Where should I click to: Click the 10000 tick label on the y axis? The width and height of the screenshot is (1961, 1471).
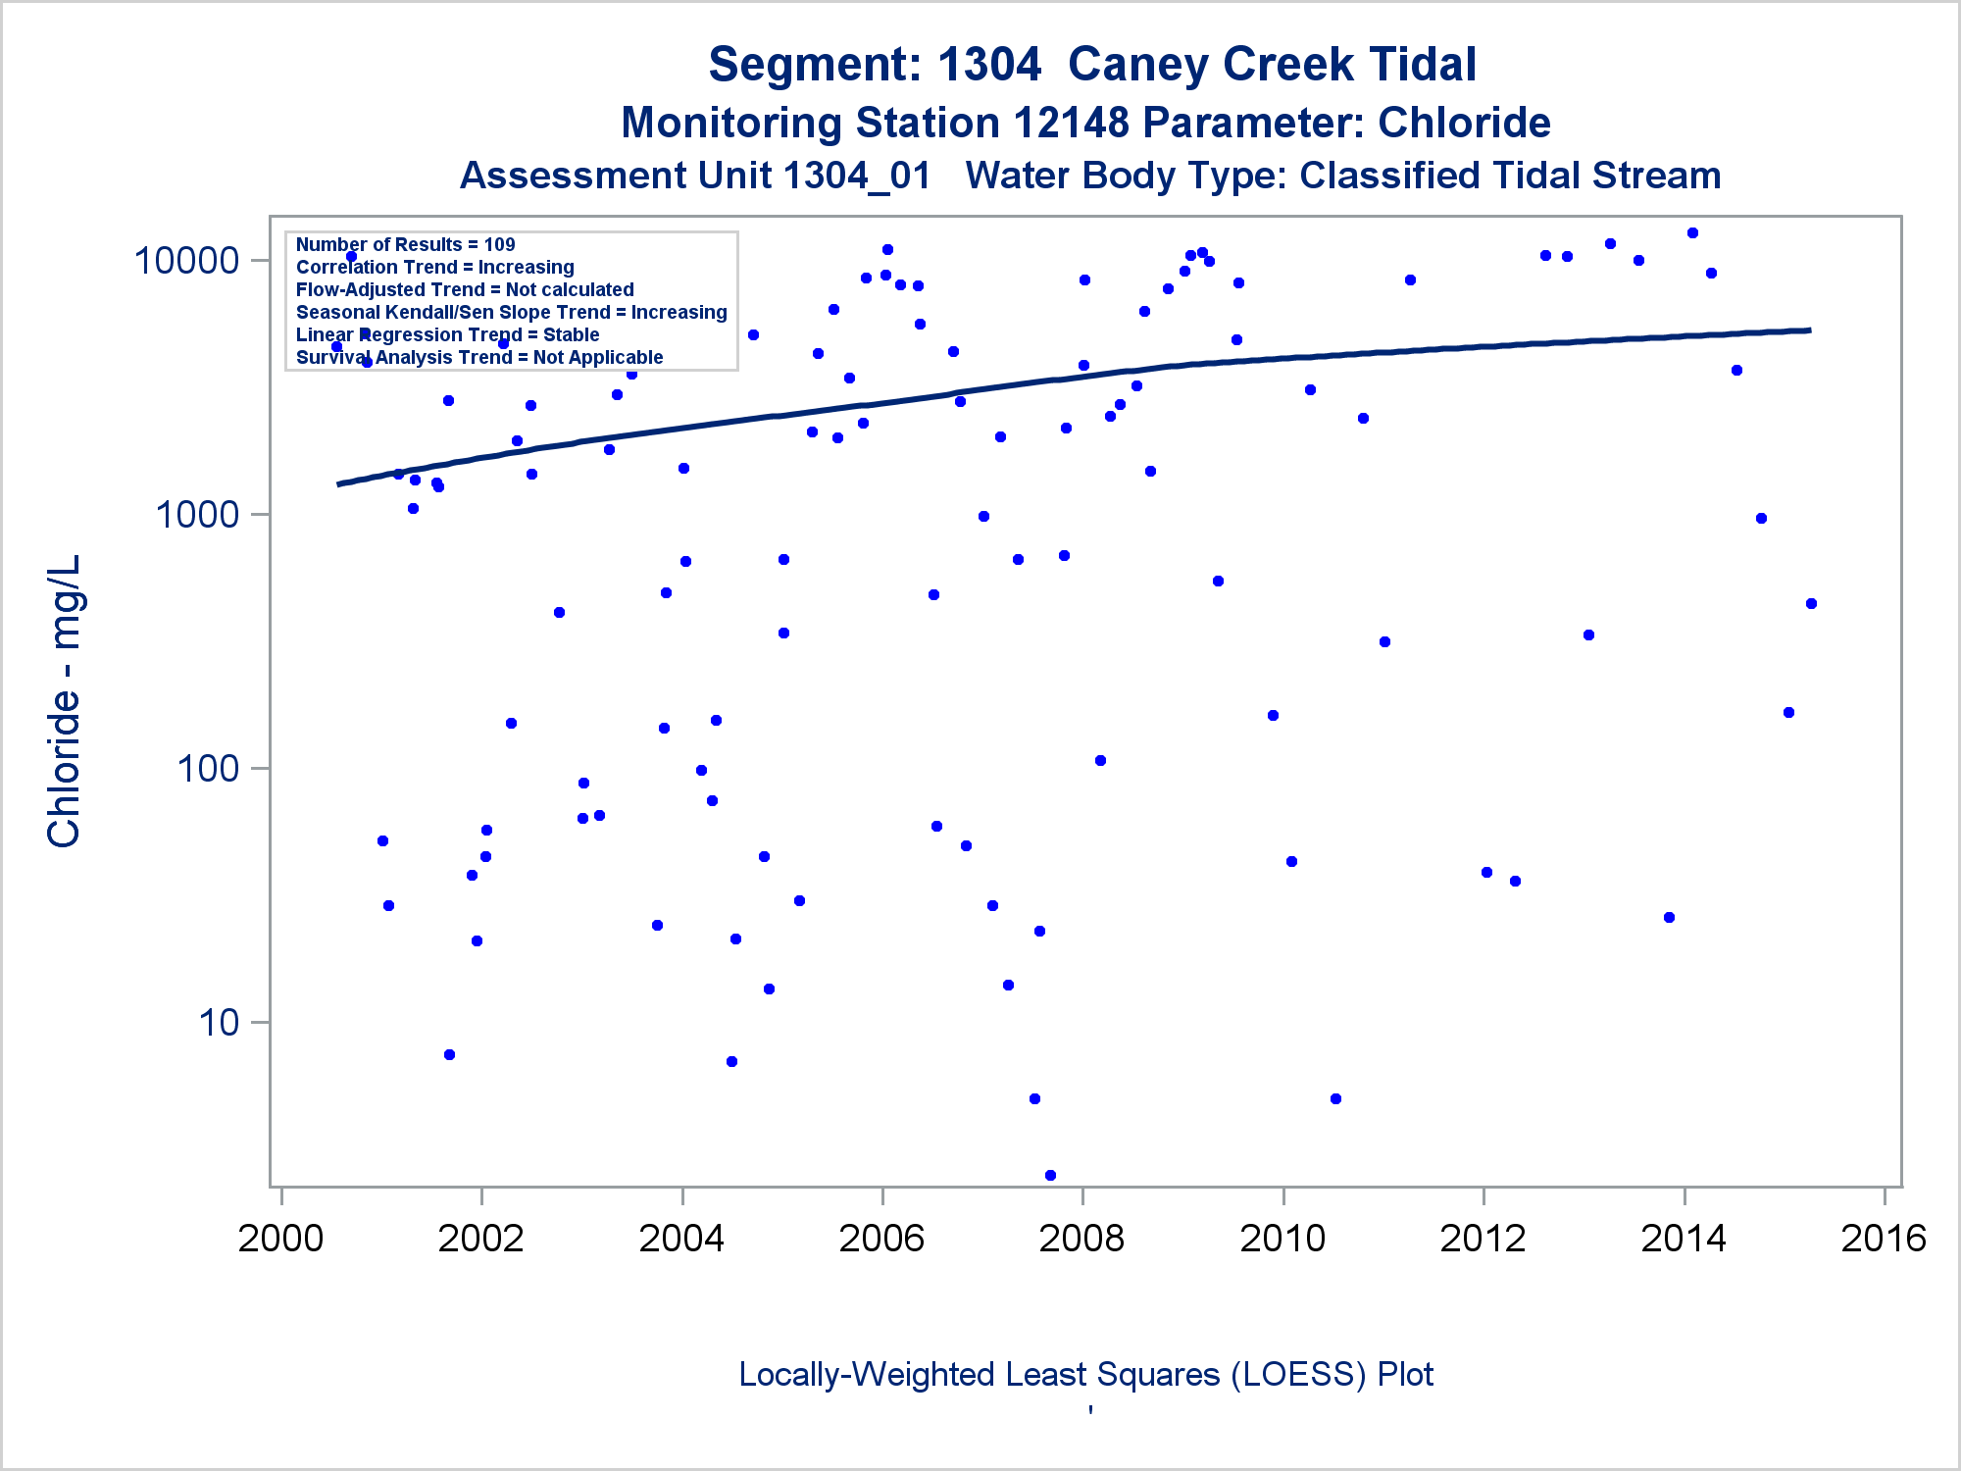(x=186, y=261)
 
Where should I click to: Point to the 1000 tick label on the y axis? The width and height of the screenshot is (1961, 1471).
(x=197, y=515)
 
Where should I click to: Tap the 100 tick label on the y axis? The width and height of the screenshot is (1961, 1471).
(x=208, y=768)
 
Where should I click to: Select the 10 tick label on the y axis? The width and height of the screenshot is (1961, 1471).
(x=219, y=1023)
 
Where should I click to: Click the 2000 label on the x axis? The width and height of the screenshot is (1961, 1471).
(x=280, y=1239)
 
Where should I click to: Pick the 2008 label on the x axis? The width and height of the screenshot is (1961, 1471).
(x=1081, y=1239)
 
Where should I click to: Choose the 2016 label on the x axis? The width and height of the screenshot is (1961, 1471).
(x=1884, y=1239)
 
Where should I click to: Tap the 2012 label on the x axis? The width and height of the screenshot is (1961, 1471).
(x=1483, y=1239)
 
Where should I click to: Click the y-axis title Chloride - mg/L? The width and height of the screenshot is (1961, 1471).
(x=64, y=701)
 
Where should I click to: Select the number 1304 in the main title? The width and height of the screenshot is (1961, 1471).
(x=988, y=65)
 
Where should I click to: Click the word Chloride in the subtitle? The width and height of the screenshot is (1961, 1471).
(x=1464, y=124)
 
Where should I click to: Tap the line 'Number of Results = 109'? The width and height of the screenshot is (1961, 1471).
(x=405, y=244)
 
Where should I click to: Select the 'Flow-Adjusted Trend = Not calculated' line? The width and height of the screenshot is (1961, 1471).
(x=465, y=289)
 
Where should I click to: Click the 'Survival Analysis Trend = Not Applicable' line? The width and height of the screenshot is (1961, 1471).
(x=479, y=357)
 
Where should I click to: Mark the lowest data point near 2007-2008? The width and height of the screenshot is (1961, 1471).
(x=1050, y=1175)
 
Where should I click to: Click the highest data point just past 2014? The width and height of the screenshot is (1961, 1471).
(x=1692, y=233)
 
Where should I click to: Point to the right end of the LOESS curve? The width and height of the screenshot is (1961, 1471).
(x=1809, y=330)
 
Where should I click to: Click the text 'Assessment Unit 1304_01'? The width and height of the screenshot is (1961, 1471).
(x=695, y=177)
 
